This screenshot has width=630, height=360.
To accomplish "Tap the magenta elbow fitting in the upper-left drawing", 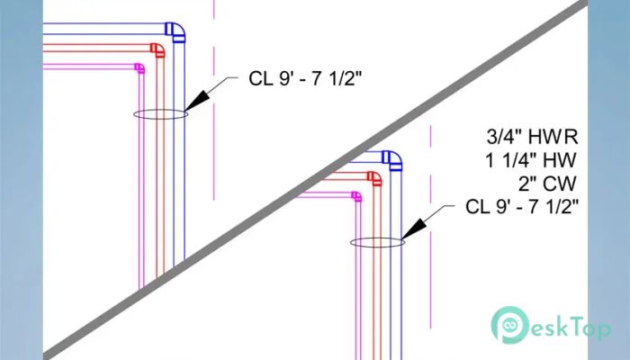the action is [x=140, y=67].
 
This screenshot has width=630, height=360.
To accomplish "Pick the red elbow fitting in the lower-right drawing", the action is [x=375, y=178].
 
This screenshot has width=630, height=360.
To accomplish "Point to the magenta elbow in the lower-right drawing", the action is [x=357, y=196].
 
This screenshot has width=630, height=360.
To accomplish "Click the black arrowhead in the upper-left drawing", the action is [x=197, y=101].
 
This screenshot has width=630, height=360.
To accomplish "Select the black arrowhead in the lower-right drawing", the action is [x=413, y=229].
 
